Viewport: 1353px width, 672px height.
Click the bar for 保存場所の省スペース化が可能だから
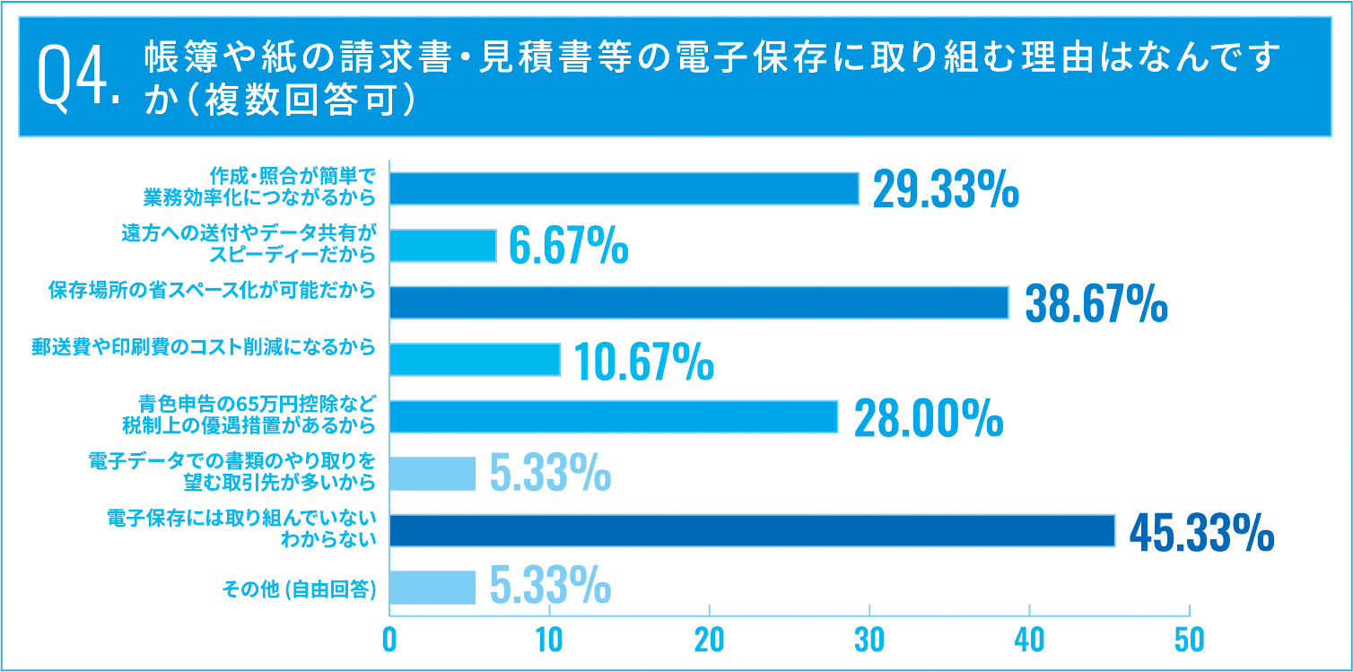click(699, 302)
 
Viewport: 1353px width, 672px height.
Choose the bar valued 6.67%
click(443, 245)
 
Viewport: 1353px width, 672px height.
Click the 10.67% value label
click(642, 362)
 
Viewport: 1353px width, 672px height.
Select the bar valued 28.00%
click(614, 416)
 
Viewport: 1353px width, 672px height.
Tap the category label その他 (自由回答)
click(298, 589)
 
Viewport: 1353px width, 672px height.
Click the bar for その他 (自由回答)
click(432, 588)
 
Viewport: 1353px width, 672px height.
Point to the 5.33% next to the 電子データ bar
click(550, 475)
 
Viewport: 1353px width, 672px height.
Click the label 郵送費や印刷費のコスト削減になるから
click(203, 348)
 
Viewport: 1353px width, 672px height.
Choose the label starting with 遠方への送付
click(248, 243)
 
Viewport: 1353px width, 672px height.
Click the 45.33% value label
click(1200, 534)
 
